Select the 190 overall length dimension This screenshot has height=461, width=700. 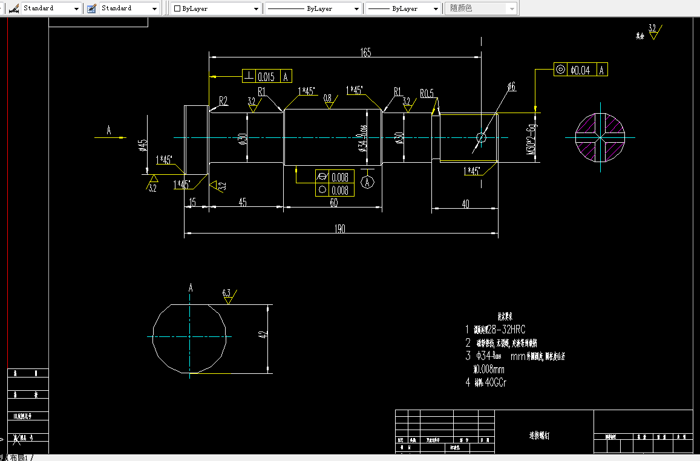339,228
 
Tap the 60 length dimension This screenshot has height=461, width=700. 333,203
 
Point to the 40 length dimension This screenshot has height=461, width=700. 465,204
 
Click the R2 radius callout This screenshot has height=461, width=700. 223,100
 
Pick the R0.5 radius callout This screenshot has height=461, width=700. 427,93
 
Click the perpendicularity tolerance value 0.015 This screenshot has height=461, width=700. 266,76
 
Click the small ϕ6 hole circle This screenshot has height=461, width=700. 482,137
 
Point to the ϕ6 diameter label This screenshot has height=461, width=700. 511,87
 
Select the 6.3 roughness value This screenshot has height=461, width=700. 227,293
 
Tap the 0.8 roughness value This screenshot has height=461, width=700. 328,97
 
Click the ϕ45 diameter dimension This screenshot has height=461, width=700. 143,145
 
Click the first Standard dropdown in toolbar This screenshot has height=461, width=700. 51,8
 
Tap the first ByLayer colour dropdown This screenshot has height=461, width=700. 216,8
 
